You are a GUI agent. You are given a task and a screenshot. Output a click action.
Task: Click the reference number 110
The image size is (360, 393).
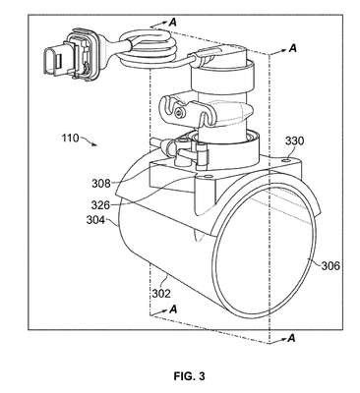[70, 138]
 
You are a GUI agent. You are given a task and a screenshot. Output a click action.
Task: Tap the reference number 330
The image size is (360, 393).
[294, 141]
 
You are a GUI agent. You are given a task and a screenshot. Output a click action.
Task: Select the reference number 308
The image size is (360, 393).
[101, 183]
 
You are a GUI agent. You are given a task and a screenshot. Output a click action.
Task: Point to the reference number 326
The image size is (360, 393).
[100, 205]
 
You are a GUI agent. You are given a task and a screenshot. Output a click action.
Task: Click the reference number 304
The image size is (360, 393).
[95, 220]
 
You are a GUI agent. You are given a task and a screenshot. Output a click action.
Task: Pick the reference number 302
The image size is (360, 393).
[161, 294]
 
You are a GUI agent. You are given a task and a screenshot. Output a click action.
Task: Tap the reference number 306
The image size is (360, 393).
[330, 265]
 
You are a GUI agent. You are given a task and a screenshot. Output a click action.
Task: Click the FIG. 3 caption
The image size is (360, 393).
[190, 376]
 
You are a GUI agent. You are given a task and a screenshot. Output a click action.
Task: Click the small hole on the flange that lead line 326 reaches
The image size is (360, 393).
[207, 177]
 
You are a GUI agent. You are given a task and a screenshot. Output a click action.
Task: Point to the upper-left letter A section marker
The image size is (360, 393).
[173, 23]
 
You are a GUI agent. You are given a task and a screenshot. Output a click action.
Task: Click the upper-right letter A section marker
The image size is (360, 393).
[293, 48]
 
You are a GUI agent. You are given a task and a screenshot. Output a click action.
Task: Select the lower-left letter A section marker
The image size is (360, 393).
[173, 309]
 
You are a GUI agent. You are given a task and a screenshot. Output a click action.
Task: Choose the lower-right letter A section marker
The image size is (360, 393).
[291, 338]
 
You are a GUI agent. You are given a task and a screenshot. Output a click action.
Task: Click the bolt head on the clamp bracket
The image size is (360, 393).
[178, 113]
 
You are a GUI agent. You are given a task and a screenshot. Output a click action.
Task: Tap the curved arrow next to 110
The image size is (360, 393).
[89, 140]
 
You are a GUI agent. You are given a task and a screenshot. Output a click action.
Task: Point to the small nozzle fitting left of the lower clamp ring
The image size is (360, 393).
[160, 143]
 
